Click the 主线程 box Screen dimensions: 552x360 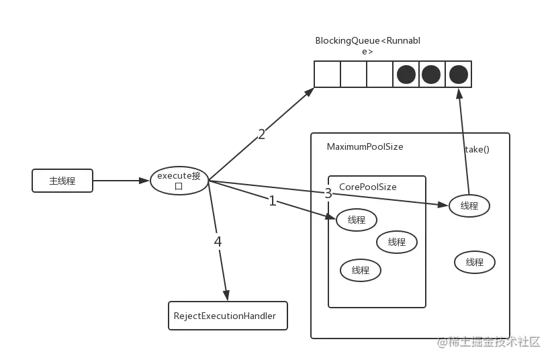coord(62,181)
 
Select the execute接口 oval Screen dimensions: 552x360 coord(179,181)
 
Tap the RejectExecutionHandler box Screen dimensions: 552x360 coord(228,316)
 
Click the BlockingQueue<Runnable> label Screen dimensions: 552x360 coord(367,46)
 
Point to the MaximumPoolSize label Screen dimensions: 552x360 coord(365,146)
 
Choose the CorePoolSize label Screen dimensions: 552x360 coord(367,187)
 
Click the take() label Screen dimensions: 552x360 coord(477,149)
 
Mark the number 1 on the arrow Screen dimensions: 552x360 coord(272,201)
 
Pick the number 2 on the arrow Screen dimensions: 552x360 coord(261,134)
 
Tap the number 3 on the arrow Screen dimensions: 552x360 coord(328,193)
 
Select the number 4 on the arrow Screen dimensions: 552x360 coord(218,242)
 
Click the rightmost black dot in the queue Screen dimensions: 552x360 coord(459,75)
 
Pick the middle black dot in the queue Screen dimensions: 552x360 coord(431,75)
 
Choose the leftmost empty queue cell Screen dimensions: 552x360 coord(328,74)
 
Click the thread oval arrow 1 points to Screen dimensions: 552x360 coord(357,220)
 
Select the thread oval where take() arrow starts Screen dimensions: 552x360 coord(469,206)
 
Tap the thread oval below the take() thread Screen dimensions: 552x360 coord(475,262)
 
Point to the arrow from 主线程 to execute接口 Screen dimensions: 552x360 coord(122,181)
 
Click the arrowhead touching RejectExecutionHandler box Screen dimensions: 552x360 coord(226,296)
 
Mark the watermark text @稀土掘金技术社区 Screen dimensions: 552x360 coord(489,342)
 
